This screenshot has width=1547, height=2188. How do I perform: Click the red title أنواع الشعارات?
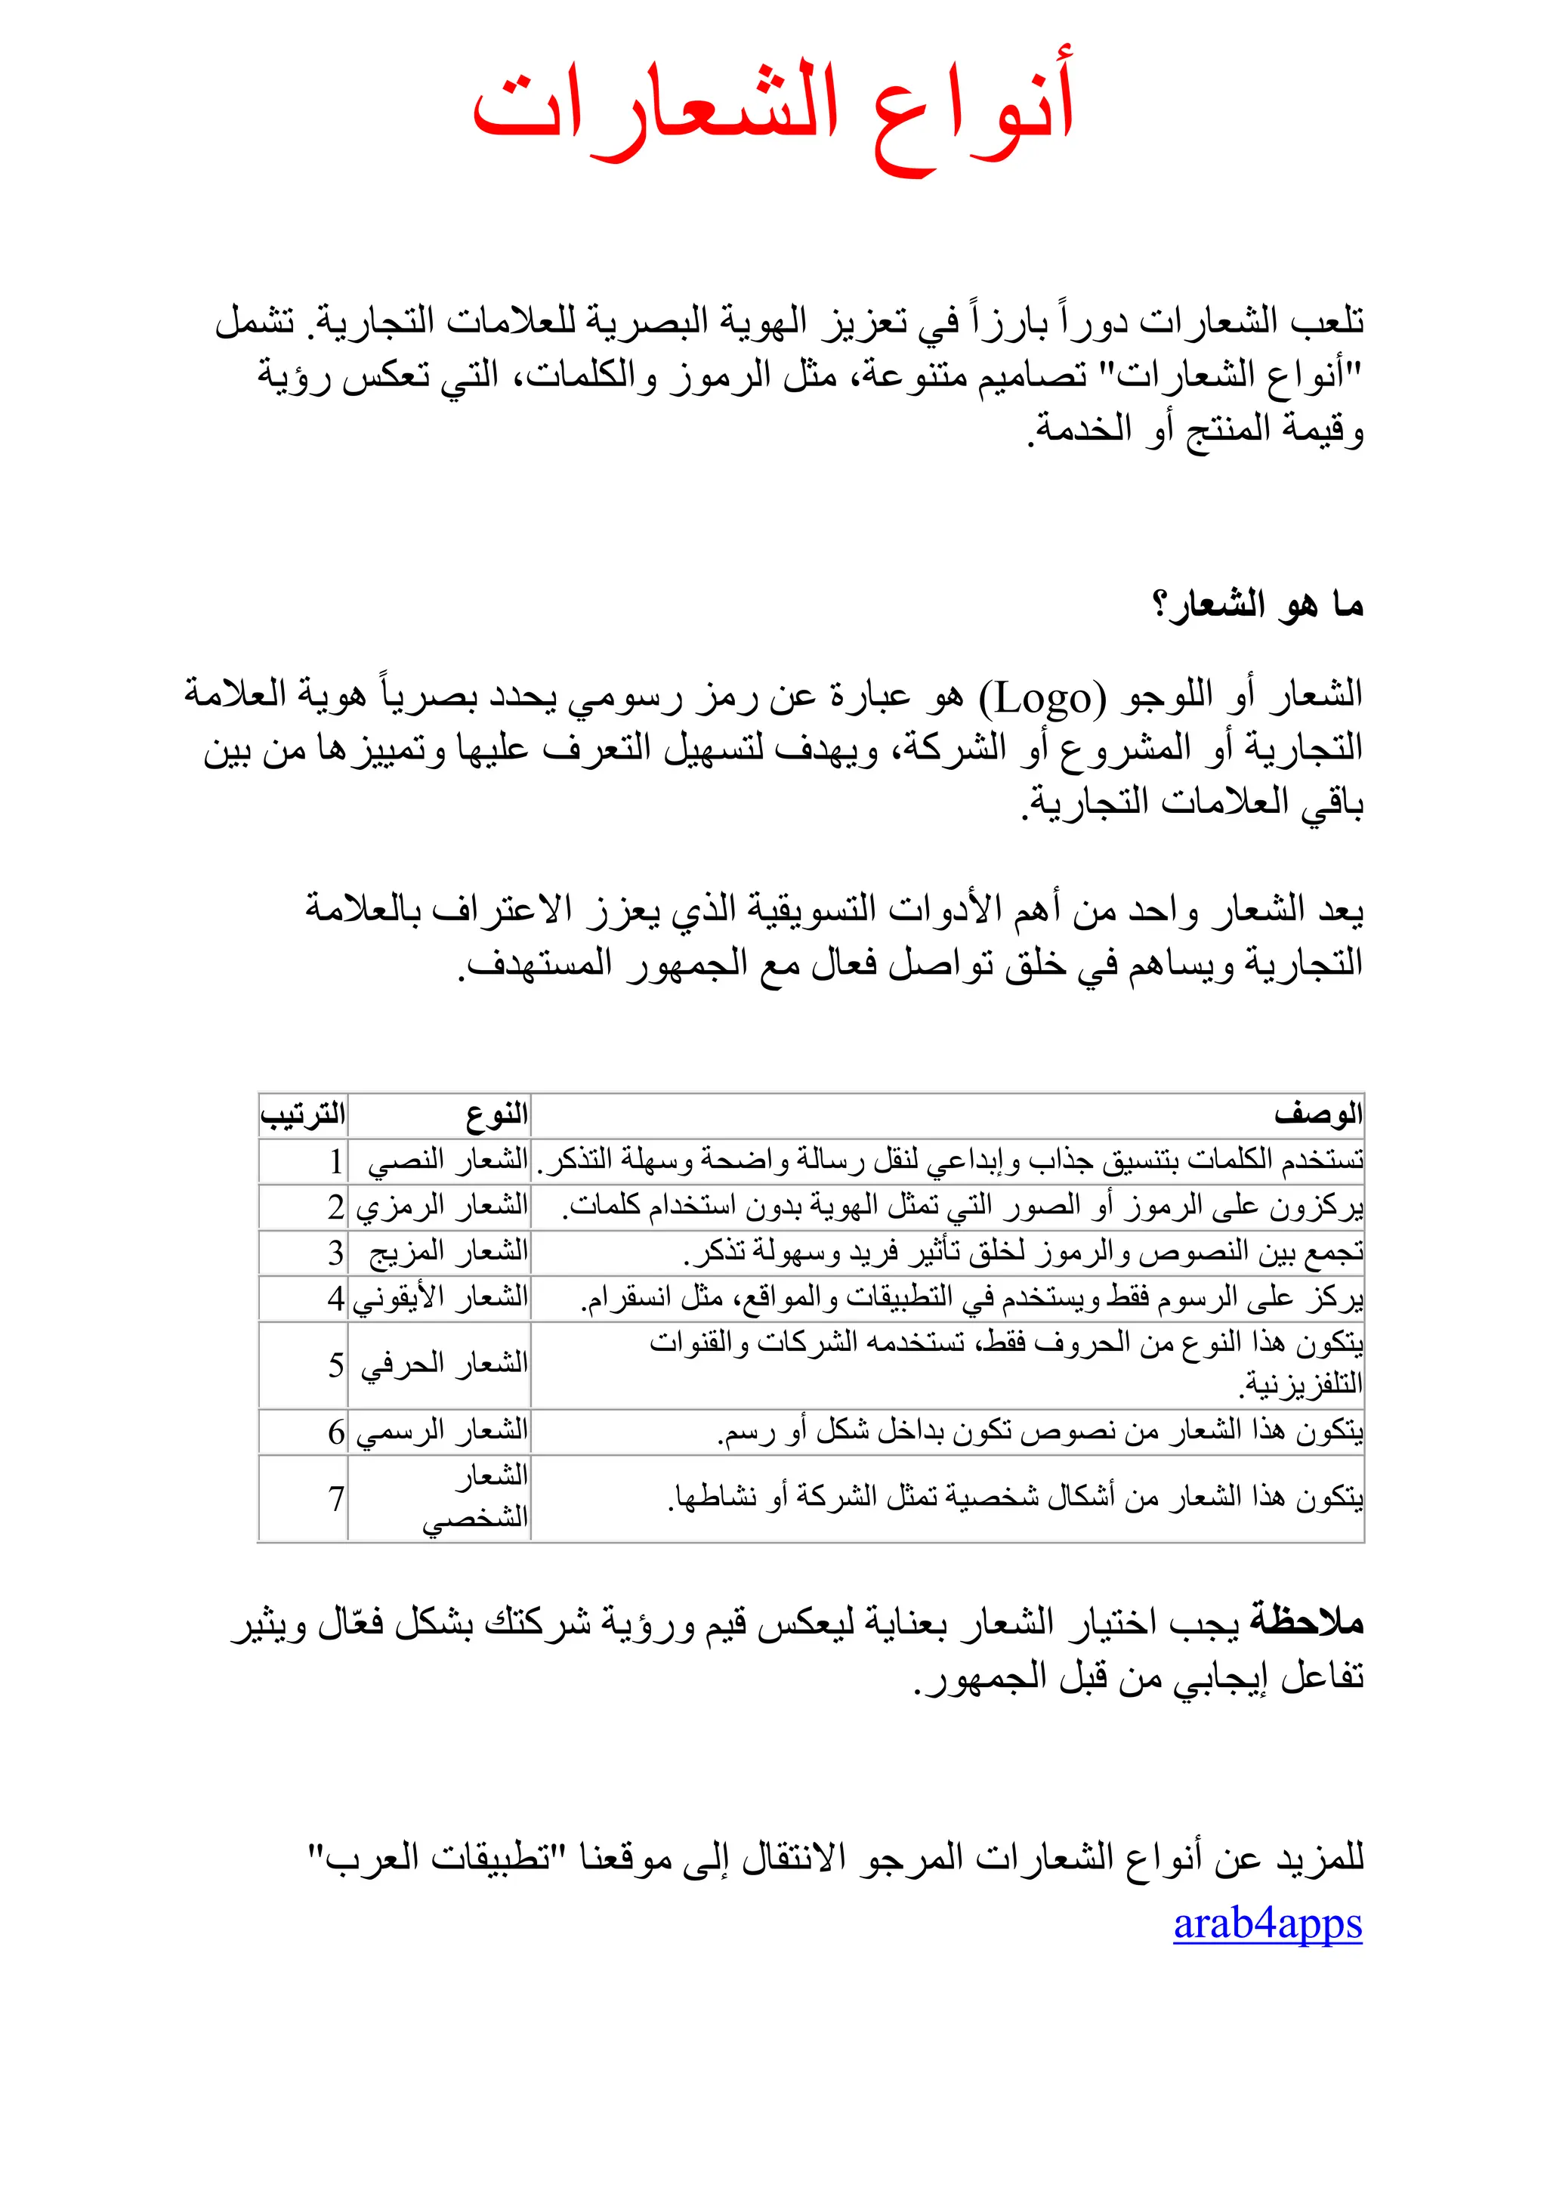(x=773, y=113)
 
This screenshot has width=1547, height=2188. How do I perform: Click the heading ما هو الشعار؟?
(x=1258, y=604)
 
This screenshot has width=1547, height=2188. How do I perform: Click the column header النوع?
(x=496, y=1114)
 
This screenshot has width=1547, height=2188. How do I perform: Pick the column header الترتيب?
(x=303, y=1114)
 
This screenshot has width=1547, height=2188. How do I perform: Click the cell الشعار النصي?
(x=448, y=1160)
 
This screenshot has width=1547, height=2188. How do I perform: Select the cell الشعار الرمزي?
(x=442, y=1207)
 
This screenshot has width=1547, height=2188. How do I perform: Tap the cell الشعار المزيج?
(x=448, y=1252)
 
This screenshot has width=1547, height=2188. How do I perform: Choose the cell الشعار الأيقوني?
(x=440, y=1298)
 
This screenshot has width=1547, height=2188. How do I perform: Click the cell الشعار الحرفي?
(x=444, y=1364)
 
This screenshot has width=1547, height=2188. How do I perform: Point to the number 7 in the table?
(x=336, y=1499)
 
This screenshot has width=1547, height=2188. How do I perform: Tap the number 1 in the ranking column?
(x=336, y=1160)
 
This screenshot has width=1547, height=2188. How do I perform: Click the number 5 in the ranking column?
(x=336, y=1365)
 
